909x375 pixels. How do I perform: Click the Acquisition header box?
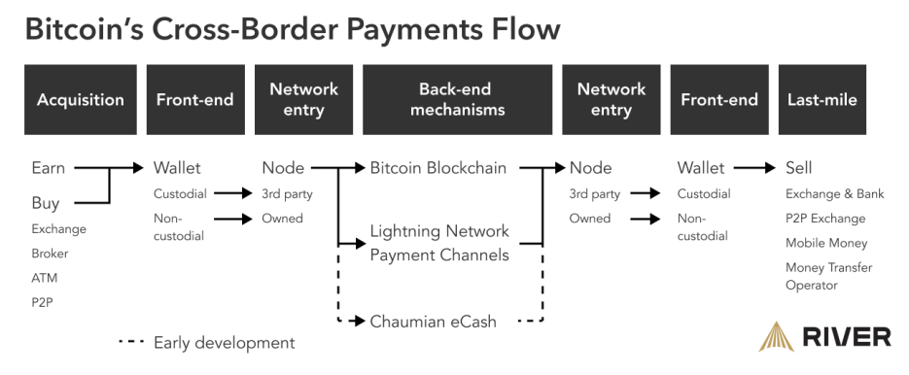point(81,100)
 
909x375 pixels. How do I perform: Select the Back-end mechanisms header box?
point(457,100)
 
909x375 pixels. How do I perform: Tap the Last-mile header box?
point(822,100)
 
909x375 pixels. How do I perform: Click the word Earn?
point(48,168)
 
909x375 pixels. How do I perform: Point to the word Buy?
point(46,203)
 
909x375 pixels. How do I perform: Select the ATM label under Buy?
point(45,278)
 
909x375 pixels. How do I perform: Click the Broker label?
point(50,254)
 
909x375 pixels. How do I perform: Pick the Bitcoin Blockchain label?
point(438,168)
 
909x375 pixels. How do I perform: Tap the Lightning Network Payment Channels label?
point(439,243)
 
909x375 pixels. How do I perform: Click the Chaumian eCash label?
point(433,322)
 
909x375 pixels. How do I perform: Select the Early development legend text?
point(225,343)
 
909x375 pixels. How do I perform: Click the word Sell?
point(799,168)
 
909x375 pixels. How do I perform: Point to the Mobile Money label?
point(826,243)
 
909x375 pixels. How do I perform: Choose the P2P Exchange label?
point(825,219)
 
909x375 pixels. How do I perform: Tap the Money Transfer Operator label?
point(829,276)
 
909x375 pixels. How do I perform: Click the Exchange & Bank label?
point(835,193)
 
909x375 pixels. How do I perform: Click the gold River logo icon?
point(778,337)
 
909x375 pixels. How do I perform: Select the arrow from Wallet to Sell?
point(754,168)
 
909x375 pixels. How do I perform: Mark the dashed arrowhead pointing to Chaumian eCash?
point(360,321)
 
